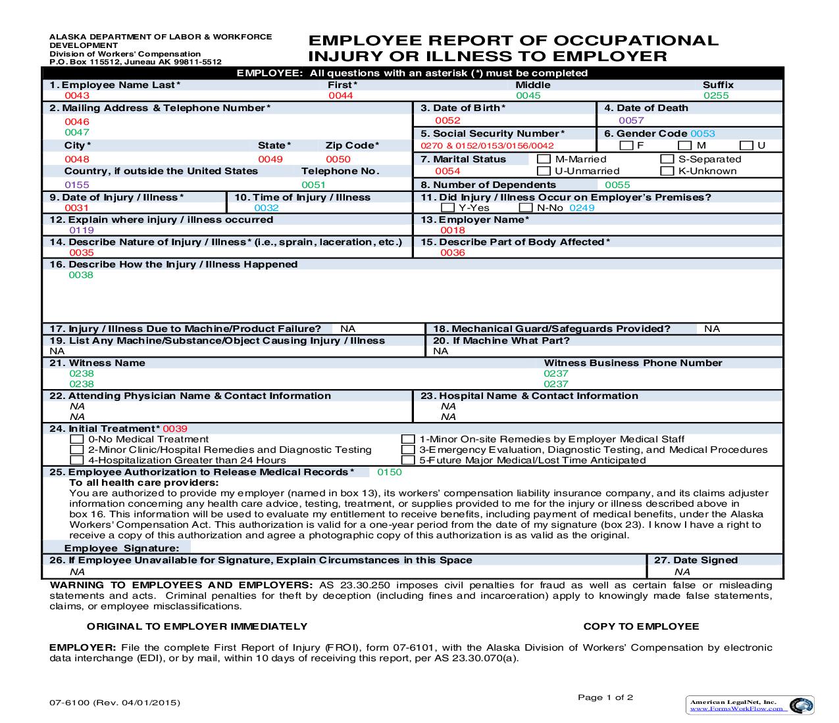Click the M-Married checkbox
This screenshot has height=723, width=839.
tap(544, 159)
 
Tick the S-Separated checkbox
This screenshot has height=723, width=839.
tap(667, 159)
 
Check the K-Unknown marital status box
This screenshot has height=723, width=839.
tap(667, 171)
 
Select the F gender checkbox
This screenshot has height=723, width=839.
tap(626, 145)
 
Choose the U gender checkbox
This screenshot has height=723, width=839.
tap(746, 145)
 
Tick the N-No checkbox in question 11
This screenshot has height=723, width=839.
tap(525, 208)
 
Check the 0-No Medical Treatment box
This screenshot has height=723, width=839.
tap(77, 439)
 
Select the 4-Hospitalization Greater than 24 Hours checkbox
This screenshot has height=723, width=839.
tap(77, 460)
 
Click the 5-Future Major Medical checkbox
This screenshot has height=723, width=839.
tap(408, 460)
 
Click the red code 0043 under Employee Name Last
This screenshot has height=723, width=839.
tap(77, 95)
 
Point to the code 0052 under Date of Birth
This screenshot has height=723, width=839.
tap(447, 120)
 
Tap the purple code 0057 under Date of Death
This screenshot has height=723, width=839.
tap(631, 120)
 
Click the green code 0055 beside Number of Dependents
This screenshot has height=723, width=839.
tap(617, 185)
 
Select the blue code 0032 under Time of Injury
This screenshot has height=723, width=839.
tap(267, 208)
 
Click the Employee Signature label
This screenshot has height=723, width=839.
tap(121, 548)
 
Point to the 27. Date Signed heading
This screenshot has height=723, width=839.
tap(696, 560)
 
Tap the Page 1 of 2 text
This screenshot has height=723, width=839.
tap(605, 697)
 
